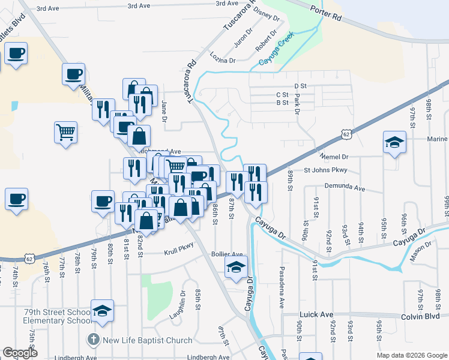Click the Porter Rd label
click(326, 14)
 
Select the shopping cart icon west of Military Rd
click(65, 131)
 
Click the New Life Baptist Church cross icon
click(93, 340)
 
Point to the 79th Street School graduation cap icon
click(103, 311)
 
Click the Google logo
click(20, 353)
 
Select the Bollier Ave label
click(227, 254)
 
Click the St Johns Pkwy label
click(325, 170)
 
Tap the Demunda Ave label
click(345, 188)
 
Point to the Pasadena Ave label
click(280, 286)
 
